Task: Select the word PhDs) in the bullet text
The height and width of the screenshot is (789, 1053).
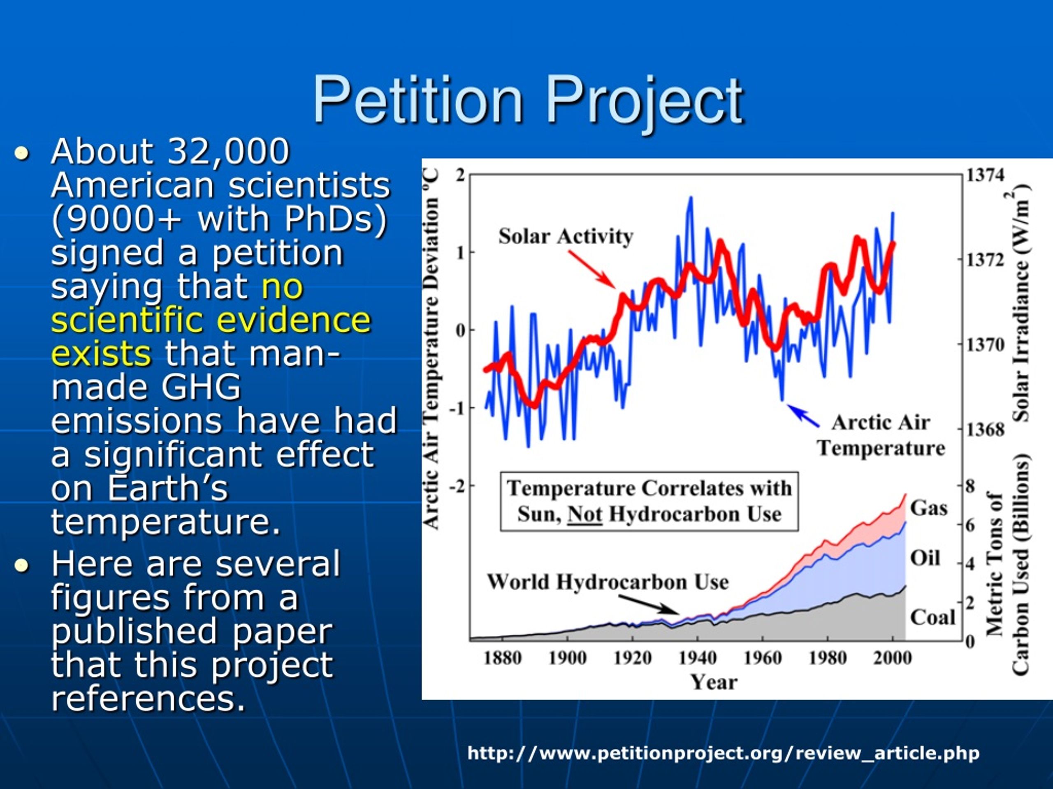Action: coord(336,219)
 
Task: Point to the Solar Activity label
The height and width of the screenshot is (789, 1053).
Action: coord(566,236)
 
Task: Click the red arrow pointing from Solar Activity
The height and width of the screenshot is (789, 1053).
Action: coord(592,269)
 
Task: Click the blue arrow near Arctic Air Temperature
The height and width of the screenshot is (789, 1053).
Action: coord(803,415)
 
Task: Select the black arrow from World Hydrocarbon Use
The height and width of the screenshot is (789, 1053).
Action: coord(649,604)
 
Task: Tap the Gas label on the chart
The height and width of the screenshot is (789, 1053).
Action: coord(929,508)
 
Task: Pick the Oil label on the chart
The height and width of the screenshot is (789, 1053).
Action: coord(925,558)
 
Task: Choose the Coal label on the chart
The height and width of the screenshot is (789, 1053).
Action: coord(932,617)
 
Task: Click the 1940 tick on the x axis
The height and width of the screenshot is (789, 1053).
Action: coord(697,658)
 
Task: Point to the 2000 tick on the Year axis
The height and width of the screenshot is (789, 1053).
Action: coord(892,658)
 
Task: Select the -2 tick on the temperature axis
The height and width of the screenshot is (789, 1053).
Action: coord(457,486)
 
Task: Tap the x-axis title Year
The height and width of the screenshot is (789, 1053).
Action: coord(714,682)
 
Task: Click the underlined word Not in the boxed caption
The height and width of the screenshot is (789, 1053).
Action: coord(585,514)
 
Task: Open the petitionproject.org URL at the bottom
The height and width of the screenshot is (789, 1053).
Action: coord(724,753)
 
